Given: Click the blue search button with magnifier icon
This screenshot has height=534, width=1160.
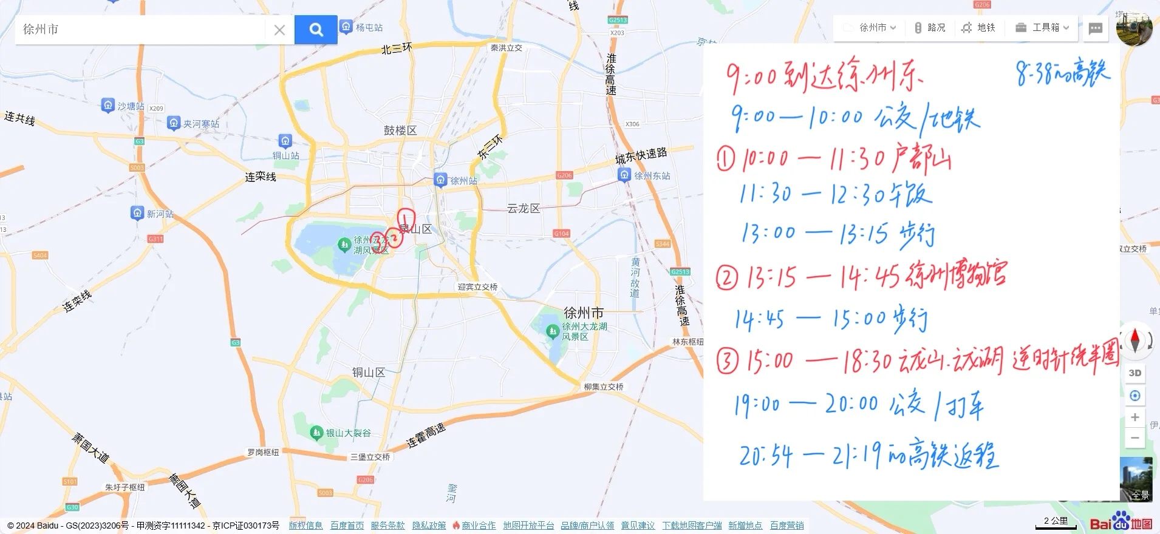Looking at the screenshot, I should pos(316,30).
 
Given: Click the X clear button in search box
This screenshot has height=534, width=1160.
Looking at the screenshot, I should pos(279,30).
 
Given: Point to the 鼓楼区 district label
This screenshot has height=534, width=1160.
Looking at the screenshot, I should pos(400,130).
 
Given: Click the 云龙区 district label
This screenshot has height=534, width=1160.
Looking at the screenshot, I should pos(524,209).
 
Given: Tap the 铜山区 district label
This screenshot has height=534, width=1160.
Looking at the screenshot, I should pos(369,373).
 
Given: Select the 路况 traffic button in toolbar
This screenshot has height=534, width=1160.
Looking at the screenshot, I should pos(930,28).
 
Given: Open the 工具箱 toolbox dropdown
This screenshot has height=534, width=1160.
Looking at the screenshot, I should pos(1042,28).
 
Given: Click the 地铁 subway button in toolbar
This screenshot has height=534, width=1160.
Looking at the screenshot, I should pos(979,28).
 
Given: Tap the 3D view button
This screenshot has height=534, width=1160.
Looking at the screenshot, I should pos(1134,373).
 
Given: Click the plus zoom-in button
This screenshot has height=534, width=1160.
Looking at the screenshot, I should pos(1134,417).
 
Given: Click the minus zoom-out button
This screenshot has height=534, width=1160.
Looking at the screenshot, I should pos(1134,438).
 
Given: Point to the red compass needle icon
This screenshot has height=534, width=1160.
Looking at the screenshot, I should pos(1134,340).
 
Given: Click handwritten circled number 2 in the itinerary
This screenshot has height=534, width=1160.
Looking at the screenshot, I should pos(726,279).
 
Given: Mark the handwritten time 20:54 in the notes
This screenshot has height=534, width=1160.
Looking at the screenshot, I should pos(766,456).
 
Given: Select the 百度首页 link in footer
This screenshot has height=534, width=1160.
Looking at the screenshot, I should pos(347,526).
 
